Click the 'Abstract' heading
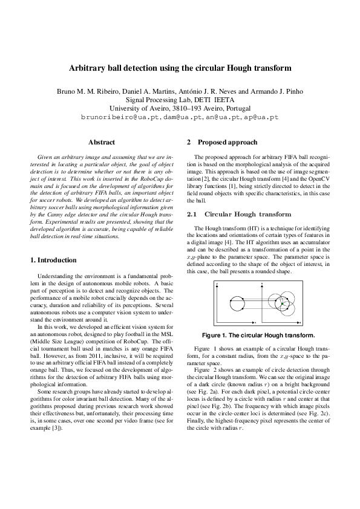pos(102,143)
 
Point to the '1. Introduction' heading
pos(53,260)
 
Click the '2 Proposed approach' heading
pos(222,143)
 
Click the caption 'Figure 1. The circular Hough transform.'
pos(257,335)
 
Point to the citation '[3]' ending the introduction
pos(57,435)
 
